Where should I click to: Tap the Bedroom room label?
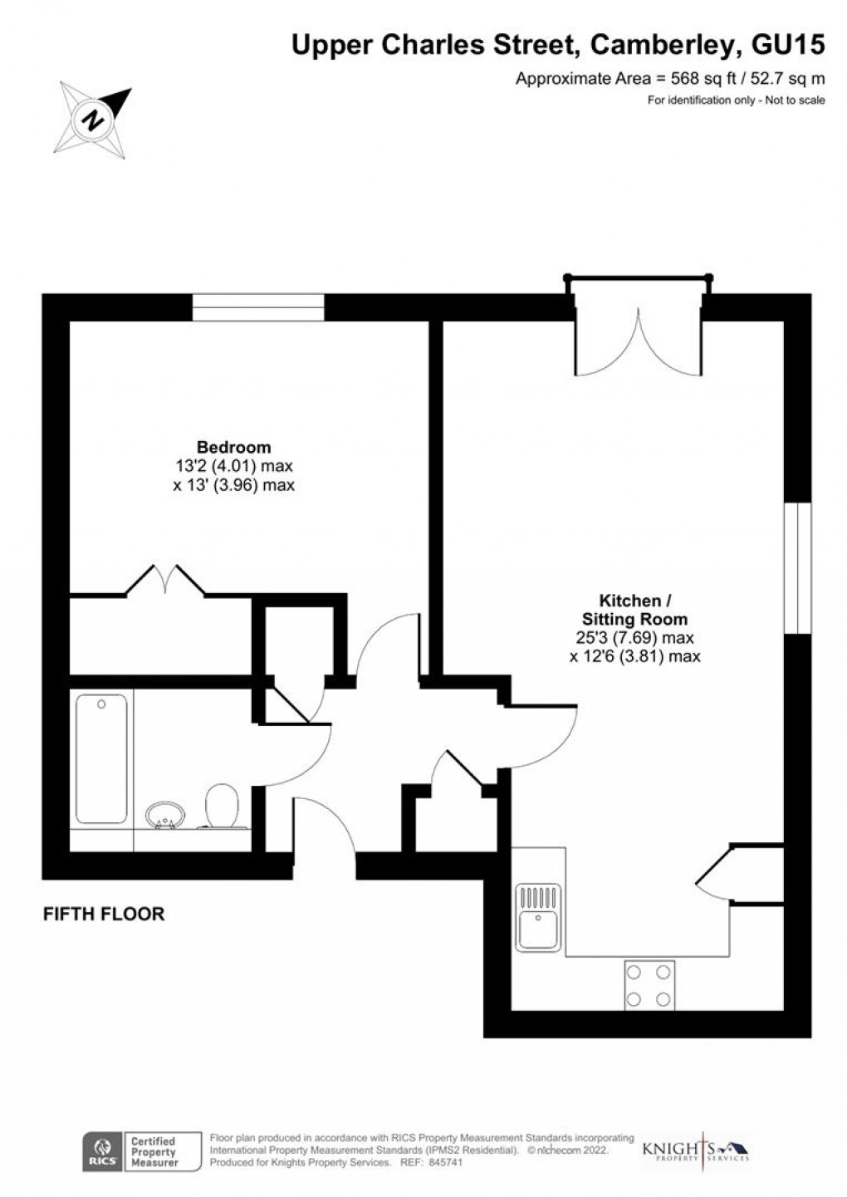coord(233,447)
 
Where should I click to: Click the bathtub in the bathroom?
coord(101,758)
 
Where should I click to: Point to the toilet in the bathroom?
coord(222,806)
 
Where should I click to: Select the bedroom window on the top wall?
coord(257,307)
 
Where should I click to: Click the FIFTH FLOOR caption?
coord(104,915)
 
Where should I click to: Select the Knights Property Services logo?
coord(696,1151)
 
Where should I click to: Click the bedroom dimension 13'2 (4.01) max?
coord(233,466)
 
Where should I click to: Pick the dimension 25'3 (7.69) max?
coord(634,638)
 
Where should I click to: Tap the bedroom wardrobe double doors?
coord(165,579)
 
